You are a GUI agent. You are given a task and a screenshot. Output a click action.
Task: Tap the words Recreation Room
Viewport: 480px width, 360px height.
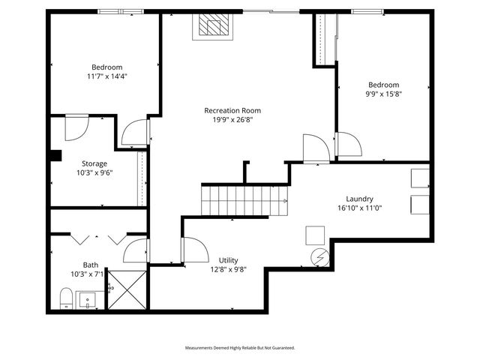(x=232, y=110)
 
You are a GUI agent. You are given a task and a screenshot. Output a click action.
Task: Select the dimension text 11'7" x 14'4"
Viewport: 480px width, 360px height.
(x=107, y=76)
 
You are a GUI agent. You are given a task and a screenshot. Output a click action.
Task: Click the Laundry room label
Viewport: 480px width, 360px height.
(x=359, y=199)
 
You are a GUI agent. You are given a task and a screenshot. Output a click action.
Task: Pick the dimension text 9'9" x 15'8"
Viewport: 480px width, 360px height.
(x=383, y=94)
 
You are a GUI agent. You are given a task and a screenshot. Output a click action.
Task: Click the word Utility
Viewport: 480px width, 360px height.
(x=228, y=260)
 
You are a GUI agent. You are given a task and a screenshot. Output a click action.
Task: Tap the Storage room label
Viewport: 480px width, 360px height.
(x=94, y=163)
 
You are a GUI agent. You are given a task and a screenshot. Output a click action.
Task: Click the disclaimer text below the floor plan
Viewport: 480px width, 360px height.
(x=240, y=348)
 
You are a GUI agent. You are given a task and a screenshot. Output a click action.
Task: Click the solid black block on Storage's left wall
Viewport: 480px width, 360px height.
(x=55, y=156)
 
